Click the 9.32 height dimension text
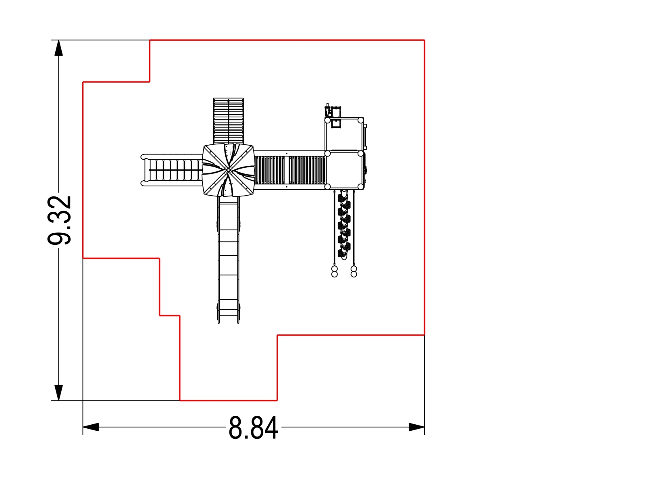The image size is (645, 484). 59,220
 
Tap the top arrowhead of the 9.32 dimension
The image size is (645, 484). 58,48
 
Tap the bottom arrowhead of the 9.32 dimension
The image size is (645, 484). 58,392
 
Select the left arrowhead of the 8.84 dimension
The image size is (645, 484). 91,427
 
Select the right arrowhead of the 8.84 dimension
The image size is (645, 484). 417,427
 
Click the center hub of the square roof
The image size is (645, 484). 228,169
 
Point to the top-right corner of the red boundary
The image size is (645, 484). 424,40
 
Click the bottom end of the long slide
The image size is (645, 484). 228,323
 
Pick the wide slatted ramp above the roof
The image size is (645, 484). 228,121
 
